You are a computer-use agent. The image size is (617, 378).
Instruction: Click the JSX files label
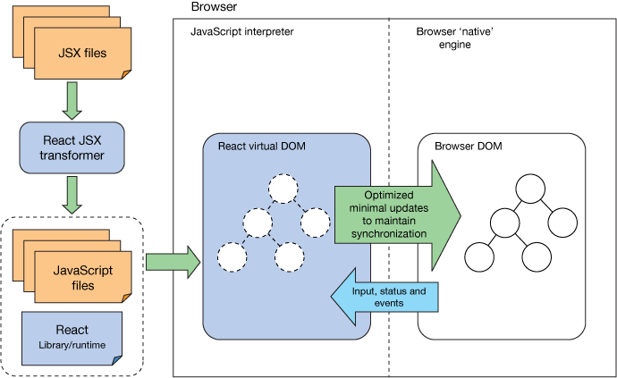click(x=83, y=54)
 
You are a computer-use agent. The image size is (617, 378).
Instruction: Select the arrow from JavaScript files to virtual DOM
click(x=173, y=262)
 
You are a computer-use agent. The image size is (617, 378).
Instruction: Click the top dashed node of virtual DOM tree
click(x=283, y=189)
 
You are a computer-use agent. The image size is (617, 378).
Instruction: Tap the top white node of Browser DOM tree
click(x=528, y=190)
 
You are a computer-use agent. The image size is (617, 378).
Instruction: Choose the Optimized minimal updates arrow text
click(x=388, y=214)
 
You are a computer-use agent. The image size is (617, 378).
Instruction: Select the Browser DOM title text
click(x=469, y=145)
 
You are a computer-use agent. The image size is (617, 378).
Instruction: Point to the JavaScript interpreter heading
click(x=242, y=32)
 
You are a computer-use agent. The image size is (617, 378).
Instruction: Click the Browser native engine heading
click(x=455, y=38)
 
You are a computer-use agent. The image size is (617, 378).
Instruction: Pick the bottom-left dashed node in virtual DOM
click(x=232, y=257)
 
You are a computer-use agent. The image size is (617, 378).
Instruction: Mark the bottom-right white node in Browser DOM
click(x=537, y=257)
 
